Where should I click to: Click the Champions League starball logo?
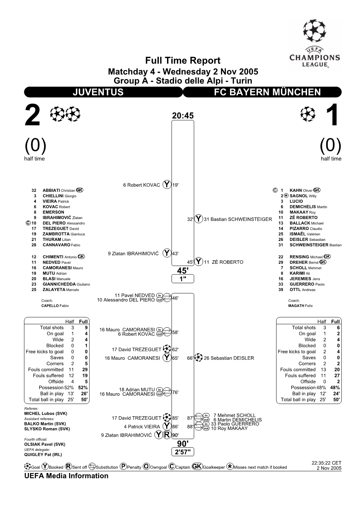[314, 31]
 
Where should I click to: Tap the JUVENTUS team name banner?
[103, 92]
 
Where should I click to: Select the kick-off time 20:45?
[183, 116]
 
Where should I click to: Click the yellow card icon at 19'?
[167, 184]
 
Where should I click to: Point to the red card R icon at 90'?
[167, 435]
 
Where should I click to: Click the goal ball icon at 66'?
[198, 358]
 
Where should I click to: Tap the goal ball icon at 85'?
[167, 418]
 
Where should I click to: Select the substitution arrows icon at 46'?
[167, 298]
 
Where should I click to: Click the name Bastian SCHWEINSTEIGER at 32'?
[238, 219]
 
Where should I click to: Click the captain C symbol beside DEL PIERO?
[28, 223]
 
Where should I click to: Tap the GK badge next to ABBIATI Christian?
[80, 190]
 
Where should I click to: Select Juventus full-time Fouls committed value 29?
[85, 370]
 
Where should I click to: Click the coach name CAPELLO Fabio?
[55, 306]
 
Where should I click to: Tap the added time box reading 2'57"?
[183, 452]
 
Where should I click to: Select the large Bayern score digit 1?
[333, 115]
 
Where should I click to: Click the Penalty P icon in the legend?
[123, 467]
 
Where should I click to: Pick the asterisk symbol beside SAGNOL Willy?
[286, 196]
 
